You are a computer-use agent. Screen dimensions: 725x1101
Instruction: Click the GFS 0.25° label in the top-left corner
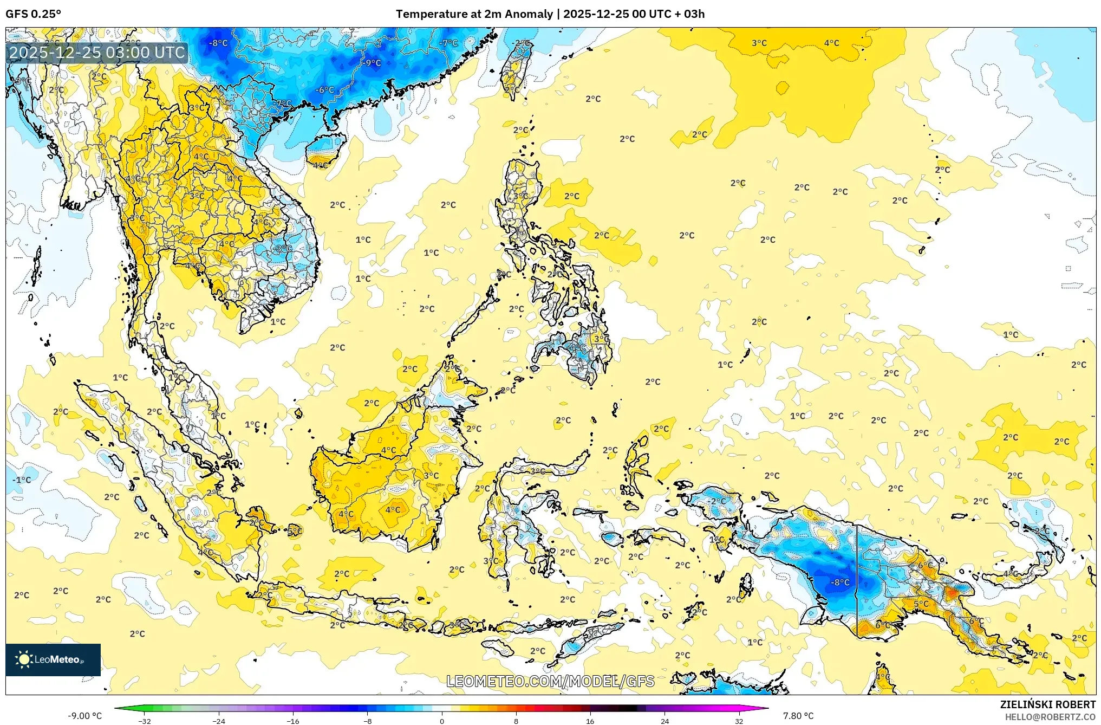pos(33,14)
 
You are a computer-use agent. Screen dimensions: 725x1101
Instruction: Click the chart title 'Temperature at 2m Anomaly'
pos(474,14)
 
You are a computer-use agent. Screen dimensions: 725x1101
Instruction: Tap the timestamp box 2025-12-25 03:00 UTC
pos(97,53)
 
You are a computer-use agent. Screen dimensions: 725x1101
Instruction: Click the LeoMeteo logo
pos(53,659)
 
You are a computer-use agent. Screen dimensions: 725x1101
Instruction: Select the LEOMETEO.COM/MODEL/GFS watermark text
pos(550,681)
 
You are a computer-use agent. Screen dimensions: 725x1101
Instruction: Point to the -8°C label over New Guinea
pos(840,582)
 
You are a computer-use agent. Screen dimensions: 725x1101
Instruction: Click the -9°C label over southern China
pos(372,63)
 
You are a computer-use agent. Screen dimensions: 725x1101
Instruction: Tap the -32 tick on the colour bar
pos(144,721)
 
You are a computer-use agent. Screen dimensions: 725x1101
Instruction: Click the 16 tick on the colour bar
pos(590,721)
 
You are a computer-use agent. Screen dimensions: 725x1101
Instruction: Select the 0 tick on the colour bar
pos(442,721)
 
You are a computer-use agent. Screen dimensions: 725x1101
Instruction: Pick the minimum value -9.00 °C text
pos(84,716)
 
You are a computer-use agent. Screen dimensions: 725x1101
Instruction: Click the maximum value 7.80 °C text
pos(798,716)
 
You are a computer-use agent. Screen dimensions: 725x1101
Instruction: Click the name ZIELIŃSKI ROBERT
pos(1047,704)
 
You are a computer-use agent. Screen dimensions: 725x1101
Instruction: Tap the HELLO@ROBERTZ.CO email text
pos(1050,717)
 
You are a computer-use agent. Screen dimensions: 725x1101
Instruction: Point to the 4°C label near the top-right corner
pos(831,43)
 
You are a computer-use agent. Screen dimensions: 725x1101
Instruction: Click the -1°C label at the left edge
pos(22,480)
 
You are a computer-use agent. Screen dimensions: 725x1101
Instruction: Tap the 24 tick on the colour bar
pos(664,721)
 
